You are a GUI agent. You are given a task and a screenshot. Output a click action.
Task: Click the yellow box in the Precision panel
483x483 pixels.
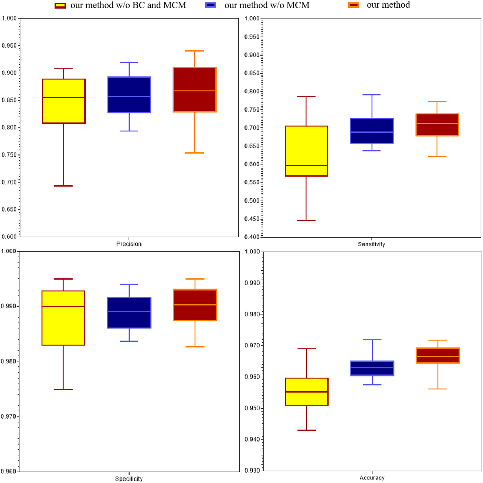(64, 101)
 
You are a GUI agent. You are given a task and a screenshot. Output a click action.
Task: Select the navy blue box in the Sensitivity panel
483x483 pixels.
(372, 131)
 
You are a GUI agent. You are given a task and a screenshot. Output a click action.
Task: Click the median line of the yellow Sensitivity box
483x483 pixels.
(306, 165)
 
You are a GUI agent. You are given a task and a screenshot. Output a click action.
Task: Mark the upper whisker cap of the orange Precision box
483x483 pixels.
(194, 51)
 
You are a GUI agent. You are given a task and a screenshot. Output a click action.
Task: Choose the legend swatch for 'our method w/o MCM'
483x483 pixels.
(210, 5)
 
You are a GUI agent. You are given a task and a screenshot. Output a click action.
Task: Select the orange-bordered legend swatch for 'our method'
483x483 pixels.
(353, 5)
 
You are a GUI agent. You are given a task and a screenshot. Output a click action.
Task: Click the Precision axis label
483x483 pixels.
(129, 244)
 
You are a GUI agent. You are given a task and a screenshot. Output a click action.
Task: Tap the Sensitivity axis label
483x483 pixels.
(371, 244)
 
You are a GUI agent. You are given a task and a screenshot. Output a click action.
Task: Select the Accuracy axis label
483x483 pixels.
(372, 478)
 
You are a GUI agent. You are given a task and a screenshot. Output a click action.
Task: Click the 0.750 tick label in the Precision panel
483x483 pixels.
(9, 155)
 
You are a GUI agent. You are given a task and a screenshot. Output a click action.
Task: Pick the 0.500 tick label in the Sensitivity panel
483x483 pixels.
(252, 201)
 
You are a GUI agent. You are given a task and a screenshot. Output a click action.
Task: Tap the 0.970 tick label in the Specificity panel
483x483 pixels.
(9, 417)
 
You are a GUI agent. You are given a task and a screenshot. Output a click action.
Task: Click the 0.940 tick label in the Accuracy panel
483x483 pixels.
(252, 439)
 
